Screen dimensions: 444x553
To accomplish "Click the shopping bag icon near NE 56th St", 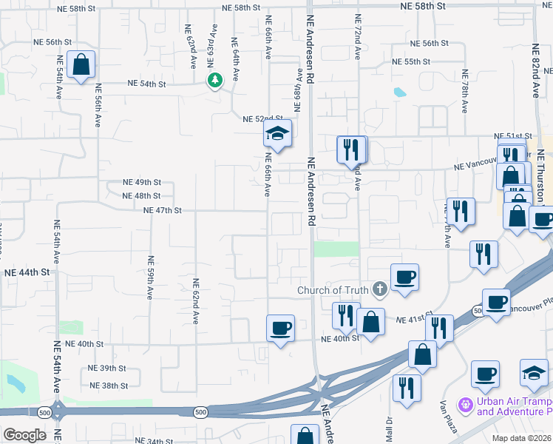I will (81, 64).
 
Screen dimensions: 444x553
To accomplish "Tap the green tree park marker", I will (214, 80).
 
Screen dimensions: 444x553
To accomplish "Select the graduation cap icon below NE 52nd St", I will (277, 134).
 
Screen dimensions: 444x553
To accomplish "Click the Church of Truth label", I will (333, 289).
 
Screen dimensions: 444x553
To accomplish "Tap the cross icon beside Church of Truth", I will (379, 289).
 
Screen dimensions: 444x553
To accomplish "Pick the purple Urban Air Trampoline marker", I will (465, 405).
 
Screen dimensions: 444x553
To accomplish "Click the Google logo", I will (24, 435).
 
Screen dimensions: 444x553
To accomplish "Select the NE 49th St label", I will (142, 182).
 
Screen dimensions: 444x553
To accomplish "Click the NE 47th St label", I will (163, 210).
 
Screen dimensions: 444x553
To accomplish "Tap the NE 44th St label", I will (27, 272).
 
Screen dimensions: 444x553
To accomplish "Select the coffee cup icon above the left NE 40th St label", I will (280, 328).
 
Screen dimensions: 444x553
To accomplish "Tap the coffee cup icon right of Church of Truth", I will (404, 277).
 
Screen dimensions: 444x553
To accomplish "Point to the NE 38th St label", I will (109, 386).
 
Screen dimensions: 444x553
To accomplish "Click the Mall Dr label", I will (388, 427).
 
